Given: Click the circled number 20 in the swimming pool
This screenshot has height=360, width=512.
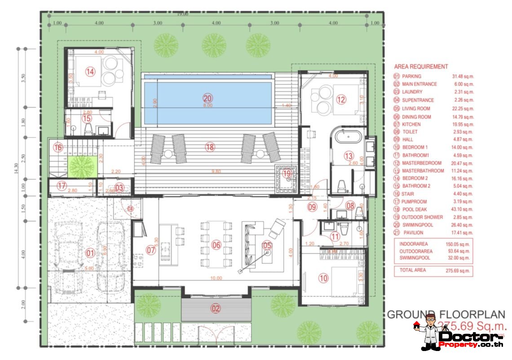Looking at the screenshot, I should click(x=207, y=98).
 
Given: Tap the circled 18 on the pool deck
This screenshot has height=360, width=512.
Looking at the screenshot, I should click(x=209, y=147).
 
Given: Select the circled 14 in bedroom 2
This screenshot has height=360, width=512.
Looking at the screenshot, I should click(x=91, y=71).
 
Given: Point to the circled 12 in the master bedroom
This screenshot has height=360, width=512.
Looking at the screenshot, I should click(x=341, y=100).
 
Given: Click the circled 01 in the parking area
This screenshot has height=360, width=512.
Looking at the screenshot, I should click(x=91, y=253).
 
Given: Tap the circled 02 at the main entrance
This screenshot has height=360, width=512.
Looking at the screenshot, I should click(x=216, y=308).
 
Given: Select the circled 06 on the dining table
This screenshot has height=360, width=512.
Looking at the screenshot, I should click(x=216, y=245).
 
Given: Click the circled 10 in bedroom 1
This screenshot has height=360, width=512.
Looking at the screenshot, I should click(x=324, y=278).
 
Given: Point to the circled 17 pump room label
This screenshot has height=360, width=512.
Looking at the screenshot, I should click(x=62, y=185).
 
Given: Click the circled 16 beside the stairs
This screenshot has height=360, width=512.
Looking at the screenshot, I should click(x=57, y=147).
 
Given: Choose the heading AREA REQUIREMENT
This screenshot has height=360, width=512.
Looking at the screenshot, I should click(x=421, y=67).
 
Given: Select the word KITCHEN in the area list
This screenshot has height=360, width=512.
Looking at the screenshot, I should click(x=411, y=124).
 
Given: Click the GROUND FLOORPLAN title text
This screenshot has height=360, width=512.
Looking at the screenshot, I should click(x=446, y=315).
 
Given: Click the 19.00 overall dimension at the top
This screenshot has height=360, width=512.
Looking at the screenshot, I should click(x=182, y=14).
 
